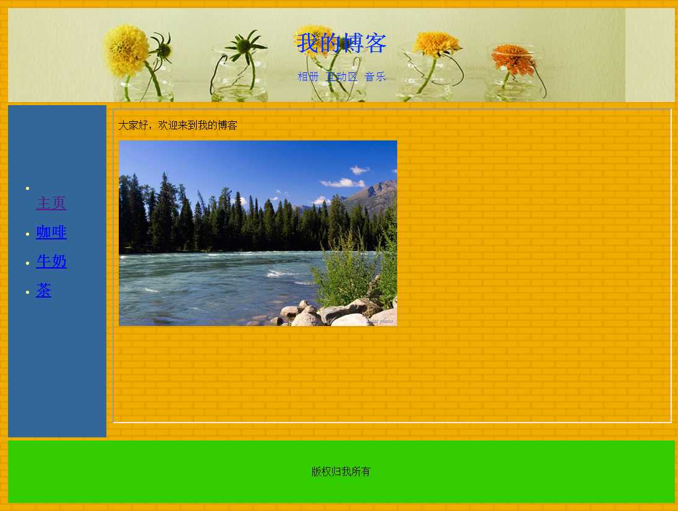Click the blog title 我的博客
(341, 43)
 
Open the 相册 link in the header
(308, 77)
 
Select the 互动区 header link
(341, 77)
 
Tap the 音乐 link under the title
(375, 77)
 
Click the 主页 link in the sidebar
(51, 203)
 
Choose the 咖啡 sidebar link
(51, 232)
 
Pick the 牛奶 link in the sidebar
(51, 261)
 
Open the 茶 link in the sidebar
(43, 290)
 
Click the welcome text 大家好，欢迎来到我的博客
(178, 126)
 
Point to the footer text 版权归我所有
(341, 471)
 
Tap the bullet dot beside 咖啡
(28, 234)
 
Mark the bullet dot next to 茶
(28, 293)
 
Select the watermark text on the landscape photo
(381, 321)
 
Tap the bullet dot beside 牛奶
(28, 264)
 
